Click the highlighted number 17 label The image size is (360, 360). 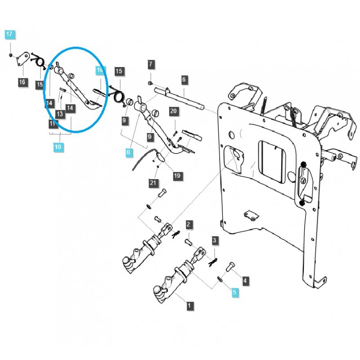coord(10,34)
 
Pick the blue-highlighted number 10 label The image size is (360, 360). coord(58,146)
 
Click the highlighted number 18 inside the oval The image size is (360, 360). coord(100,70)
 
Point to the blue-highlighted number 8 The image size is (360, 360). coord(128,153)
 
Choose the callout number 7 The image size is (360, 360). coord(151,64)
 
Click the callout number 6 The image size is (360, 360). coord(184,80)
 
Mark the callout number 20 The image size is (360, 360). coord(174,111)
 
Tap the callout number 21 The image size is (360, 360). coord(153,182)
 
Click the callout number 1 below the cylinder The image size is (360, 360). coord(189,306)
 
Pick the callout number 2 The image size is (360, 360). coord(189,225)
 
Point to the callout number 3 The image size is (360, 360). coord(215,241)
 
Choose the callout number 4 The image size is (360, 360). coord(245,281)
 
